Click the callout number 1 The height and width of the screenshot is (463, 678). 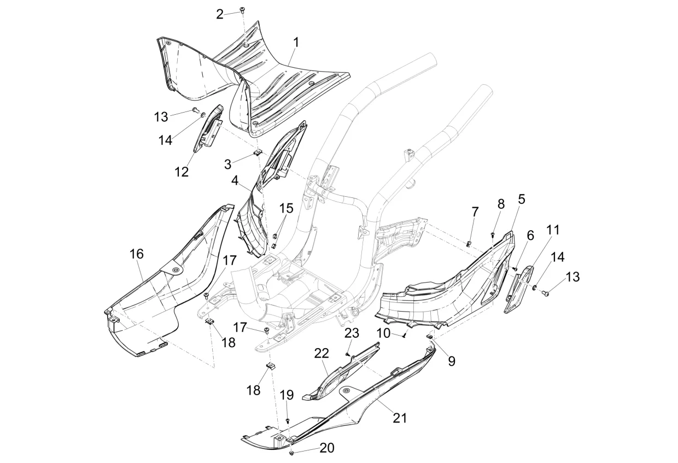click(296, 43)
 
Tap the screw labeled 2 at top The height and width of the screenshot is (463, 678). click(242, 10)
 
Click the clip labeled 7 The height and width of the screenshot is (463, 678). click(469, 243)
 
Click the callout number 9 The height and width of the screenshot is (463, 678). click(452, 361)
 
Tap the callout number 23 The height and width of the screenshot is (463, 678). click(352, 333)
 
